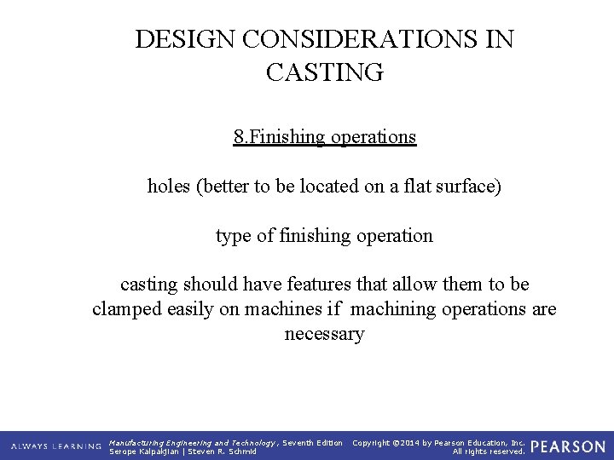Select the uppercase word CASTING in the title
(x=325, y=74)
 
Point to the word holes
(x=169, y=186)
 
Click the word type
(x=234, y=235)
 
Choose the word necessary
(x=324, y=334)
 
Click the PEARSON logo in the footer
(x=568, y=446)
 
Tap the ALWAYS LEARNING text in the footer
(x=56, y=446)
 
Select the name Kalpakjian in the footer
(x=161, y=451)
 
